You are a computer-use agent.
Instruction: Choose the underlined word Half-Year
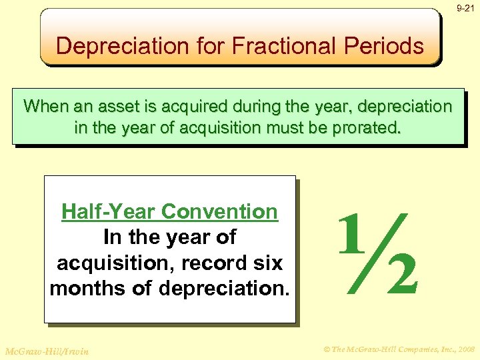(x=109, y=212)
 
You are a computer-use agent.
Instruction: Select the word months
(x=89, y=289)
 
